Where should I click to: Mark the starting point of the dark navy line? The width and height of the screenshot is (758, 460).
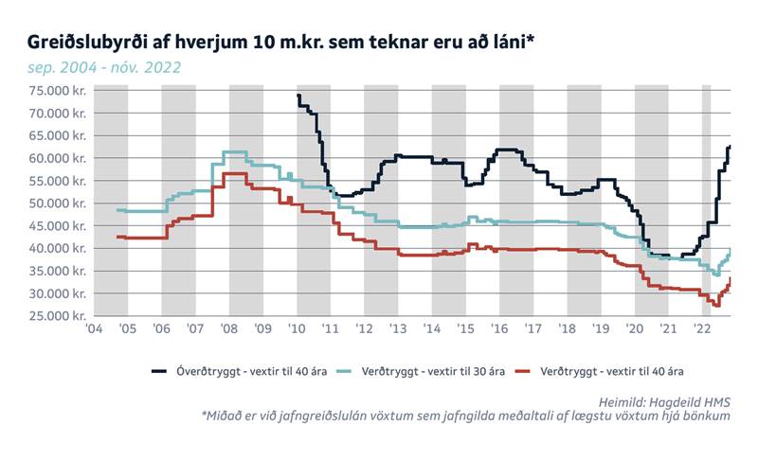click(298, 96)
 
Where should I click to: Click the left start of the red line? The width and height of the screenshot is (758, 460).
click(117, 237)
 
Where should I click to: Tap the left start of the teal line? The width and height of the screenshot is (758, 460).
click(117, 209)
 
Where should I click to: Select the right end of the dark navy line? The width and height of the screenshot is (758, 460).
click(730, 147)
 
